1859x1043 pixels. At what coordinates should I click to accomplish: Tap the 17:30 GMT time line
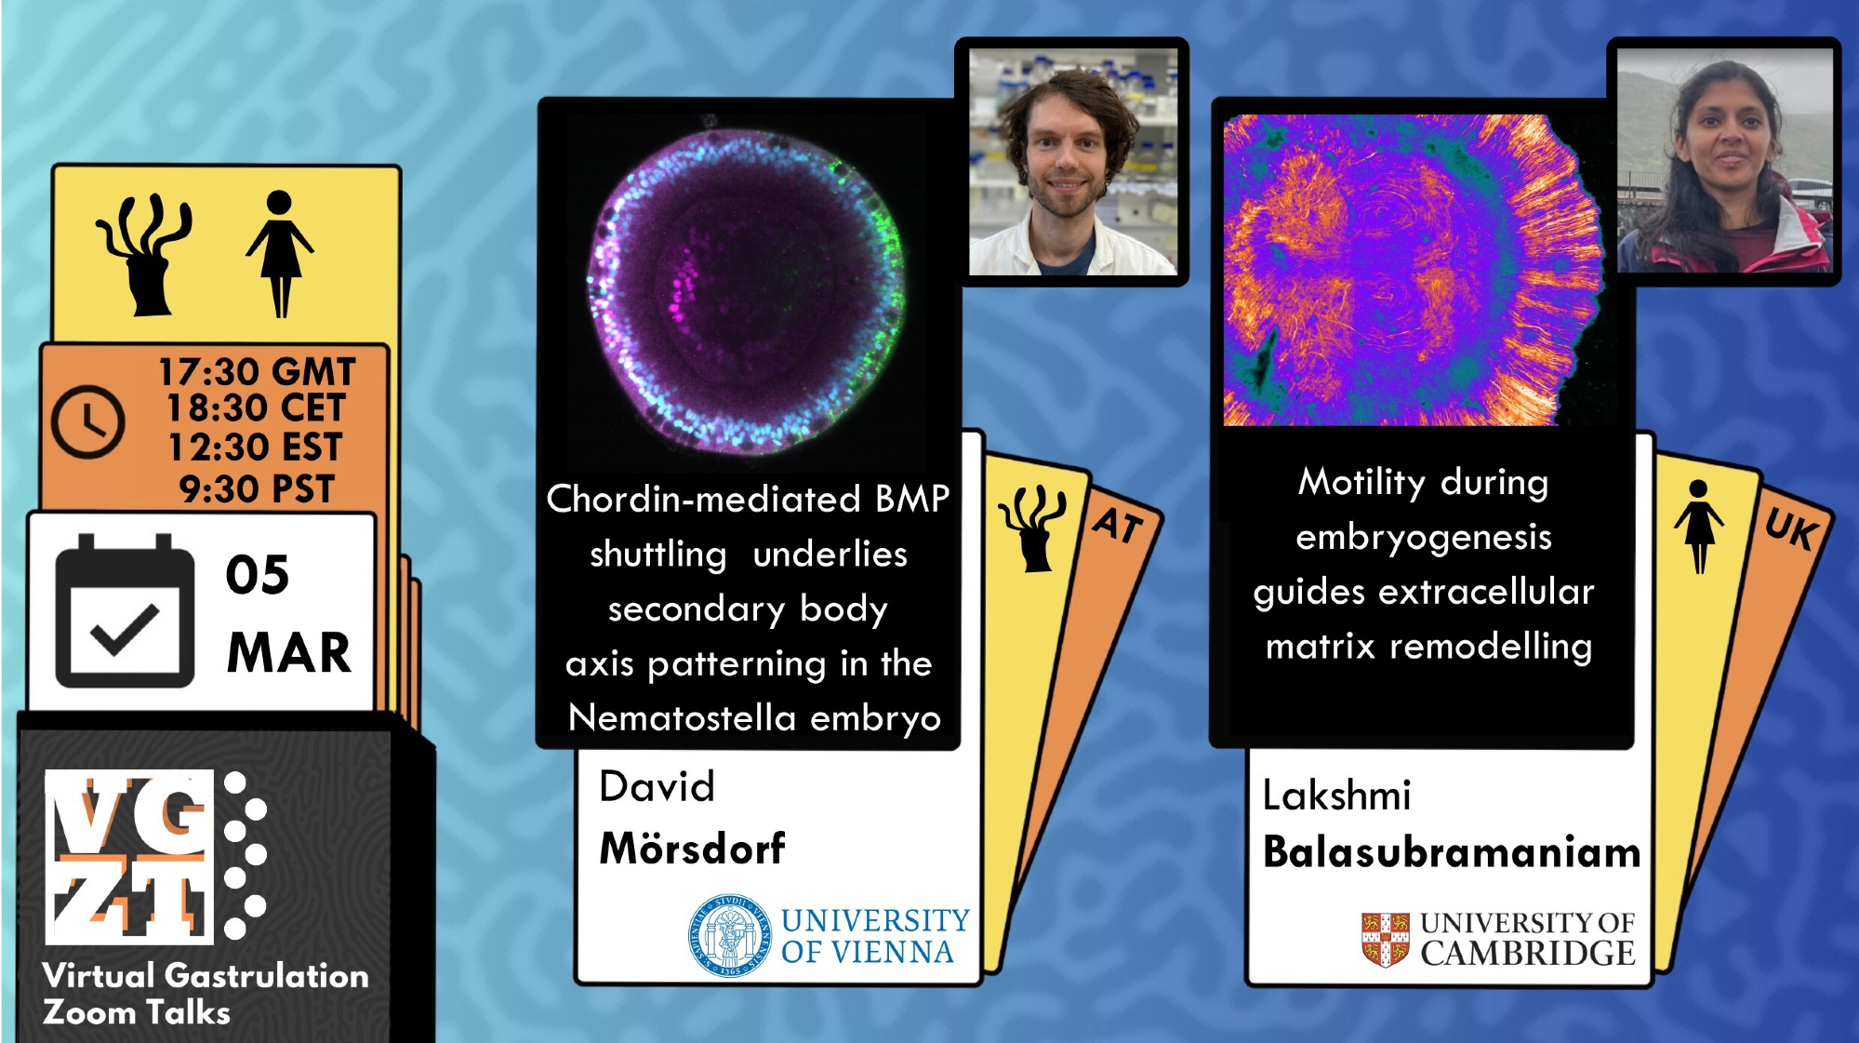pos(257,372)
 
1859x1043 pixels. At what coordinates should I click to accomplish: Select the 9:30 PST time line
pos(257,489)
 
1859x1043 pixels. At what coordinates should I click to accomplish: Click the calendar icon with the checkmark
pos(125,611)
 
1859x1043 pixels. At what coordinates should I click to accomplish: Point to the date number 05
pos(258,575)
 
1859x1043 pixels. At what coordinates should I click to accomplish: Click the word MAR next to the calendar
pos(289,652)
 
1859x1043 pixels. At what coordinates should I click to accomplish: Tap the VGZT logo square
pos(129,857)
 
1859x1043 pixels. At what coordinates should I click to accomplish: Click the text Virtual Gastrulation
pos(206,975)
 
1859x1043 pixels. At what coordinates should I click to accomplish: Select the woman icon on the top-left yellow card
pos(279,253)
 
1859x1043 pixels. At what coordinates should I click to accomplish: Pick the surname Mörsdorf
pos(692,848)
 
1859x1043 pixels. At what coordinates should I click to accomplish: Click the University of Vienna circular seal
pos(729,936)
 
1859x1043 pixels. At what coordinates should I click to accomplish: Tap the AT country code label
pos(1119,526)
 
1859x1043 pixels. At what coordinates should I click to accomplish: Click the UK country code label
pos(1792,529)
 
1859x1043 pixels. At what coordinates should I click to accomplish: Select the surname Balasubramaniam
pos(1452,852)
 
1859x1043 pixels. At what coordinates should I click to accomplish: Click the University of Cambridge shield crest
pos(1385,940)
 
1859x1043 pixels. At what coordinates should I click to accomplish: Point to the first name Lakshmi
pos(1336,796)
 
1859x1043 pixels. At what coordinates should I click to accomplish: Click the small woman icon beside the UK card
pos(1698,526)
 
